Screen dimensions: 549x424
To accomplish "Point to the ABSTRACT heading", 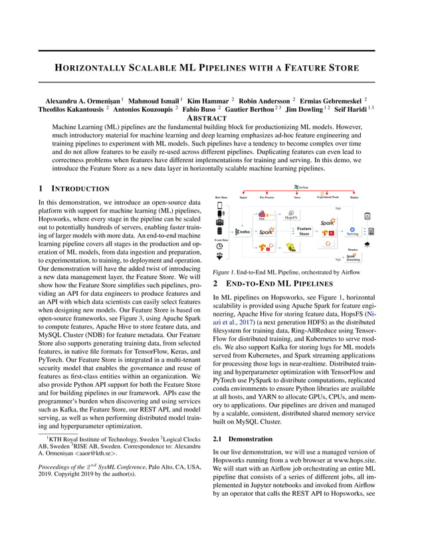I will (211, 118).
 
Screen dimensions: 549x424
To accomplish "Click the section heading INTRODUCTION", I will (77, 189).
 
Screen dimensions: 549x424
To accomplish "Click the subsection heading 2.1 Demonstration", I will (241, 439).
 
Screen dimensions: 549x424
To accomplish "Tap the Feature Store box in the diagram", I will (304, 231).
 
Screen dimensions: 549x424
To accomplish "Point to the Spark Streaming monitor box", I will (352, 258).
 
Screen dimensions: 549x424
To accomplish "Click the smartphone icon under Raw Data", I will (220, 205).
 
